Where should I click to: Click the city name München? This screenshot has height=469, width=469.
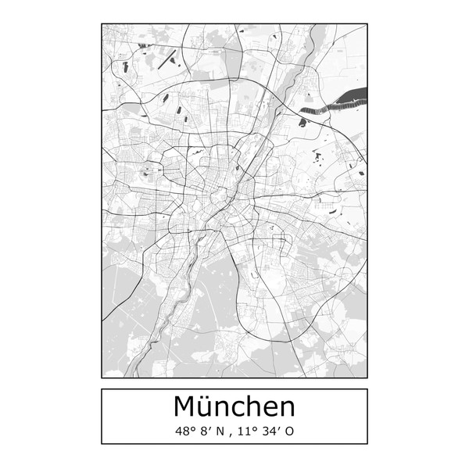point(234,406)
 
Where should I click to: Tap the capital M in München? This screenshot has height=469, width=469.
point(187,406)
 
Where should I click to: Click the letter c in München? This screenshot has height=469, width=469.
point(234,409)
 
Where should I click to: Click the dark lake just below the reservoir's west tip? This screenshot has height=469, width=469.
point(303,122)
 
